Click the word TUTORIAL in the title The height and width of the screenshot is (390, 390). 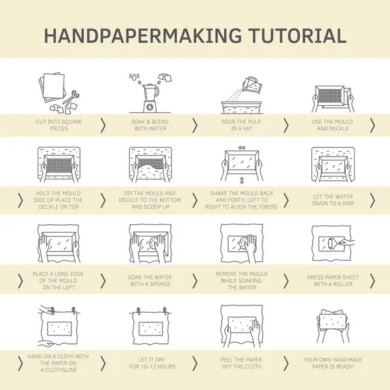[x=289, y=36]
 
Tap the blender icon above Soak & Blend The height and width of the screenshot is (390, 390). [x=150, y=98]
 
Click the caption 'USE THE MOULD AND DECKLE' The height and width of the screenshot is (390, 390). [x=332, y=125]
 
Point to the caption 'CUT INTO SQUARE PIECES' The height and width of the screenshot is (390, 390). [x=59, y=125]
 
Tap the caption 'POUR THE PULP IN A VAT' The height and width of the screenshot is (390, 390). [x=241, y=125]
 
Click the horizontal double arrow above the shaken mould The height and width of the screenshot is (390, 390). [x=242, y=148]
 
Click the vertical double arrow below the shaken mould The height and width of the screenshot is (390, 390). [x=242, y=180]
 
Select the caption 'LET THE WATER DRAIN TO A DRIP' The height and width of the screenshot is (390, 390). [x=332, y=200]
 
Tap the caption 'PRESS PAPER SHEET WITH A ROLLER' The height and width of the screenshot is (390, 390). [x=332, y=281]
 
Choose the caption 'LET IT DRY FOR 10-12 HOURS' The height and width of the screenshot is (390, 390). [x=150, y=362]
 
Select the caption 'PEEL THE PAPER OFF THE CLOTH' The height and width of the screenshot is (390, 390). [x=241, y=362]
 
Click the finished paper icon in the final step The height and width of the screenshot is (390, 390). [x=333, y=322]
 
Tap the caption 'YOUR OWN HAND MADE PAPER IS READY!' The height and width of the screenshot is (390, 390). [x=332, y=362]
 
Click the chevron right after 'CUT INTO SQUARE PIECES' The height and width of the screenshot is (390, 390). [x=103, y=125]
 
